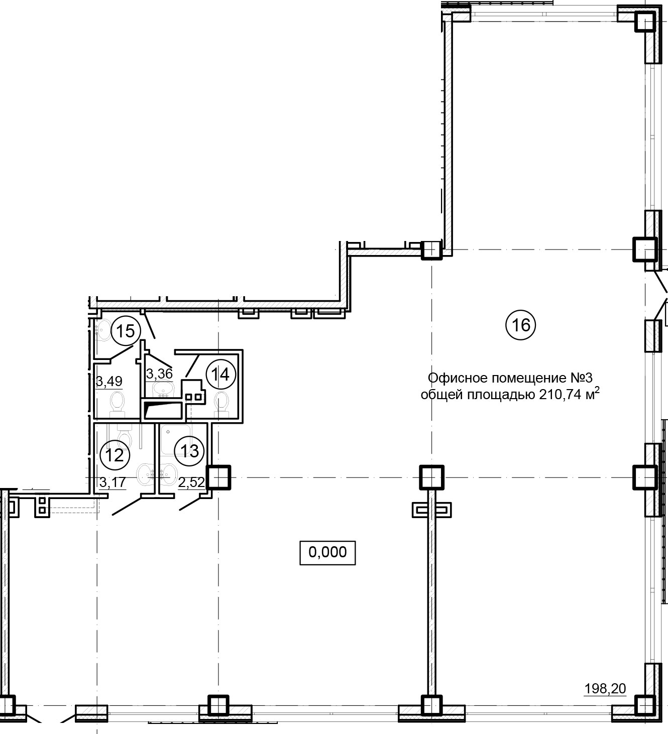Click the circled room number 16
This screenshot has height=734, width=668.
(520, 324)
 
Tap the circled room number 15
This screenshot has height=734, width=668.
(125, 331)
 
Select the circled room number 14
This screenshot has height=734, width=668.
(221, 375)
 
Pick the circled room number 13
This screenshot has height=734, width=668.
(189, 451)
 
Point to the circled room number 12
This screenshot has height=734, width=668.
(115, 455)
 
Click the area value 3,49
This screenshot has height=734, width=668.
(109, 382)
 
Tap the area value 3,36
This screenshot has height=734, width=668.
(159, 374)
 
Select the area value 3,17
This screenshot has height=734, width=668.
(113, 482)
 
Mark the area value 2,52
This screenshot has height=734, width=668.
(191, 482)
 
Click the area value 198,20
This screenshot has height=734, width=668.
(605, 689)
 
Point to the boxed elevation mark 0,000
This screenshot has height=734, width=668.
(327, 552)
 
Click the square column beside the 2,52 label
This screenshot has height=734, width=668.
(218, 477)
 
